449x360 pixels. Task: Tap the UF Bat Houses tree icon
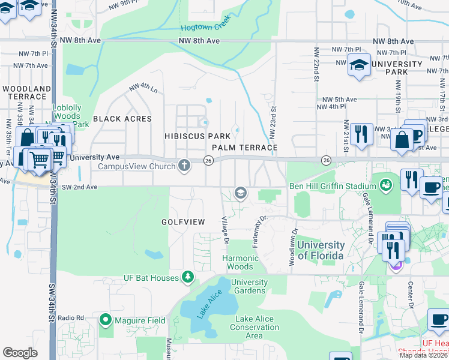coord(188,277)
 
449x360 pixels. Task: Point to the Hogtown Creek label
coord(205,28)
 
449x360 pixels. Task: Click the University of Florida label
coord(321,250)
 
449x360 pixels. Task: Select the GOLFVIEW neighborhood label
coord(183,222)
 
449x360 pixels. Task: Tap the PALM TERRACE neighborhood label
coord(244,147)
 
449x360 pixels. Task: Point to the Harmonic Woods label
coord(241,262)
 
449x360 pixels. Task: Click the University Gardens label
coord(249,286)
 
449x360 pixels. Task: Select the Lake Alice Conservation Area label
coord(255,327)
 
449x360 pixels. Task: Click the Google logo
coord(20,353)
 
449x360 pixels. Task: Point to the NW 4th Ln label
coord(143,90)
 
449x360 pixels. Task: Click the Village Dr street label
coord(226,230)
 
